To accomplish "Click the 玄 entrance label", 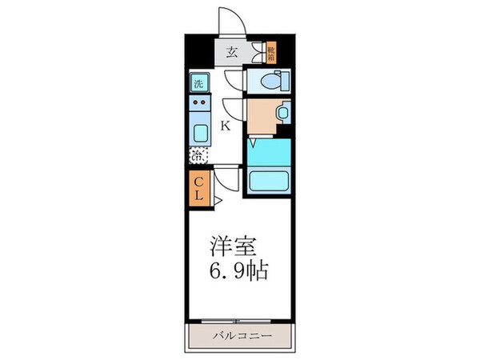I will [x=231, y=53].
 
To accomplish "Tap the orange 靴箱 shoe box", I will [x=271, y=52].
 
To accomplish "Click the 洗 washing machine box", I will [x=198, y=82].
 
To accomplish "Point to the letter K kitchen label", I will [x=226, y=126].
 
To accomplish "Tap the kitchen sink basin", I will [x=199, y=132].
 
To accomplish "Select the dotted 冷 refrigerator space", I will [x=198, y=156].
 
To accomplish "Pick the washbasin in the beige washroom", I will [x=282, y=114].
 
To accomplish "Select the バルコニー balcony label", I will [x=240, y=334].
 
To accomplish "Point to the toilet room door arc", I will [x=233, y=80].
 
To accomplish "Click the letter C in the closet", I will [x=199, y=182].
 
